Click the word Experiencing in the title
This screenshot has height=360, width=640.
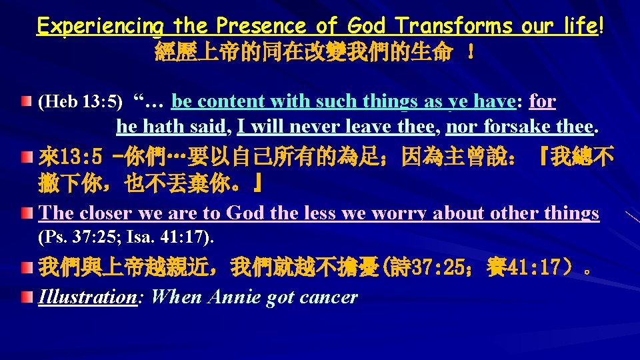(x=100, y=27)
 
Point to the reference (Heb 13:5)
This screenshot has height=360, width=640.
(x=81, y=102)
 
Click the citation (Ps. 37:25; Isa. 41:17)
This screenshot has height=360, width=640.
(x=126, y=237)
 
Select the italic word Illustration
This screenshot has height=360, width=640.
(x=87, y=297)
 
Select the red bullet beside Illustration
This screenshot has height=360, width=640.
(x=25, y=295)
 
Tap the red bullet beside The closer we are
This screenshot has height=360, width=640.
(x=25, y=213)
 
